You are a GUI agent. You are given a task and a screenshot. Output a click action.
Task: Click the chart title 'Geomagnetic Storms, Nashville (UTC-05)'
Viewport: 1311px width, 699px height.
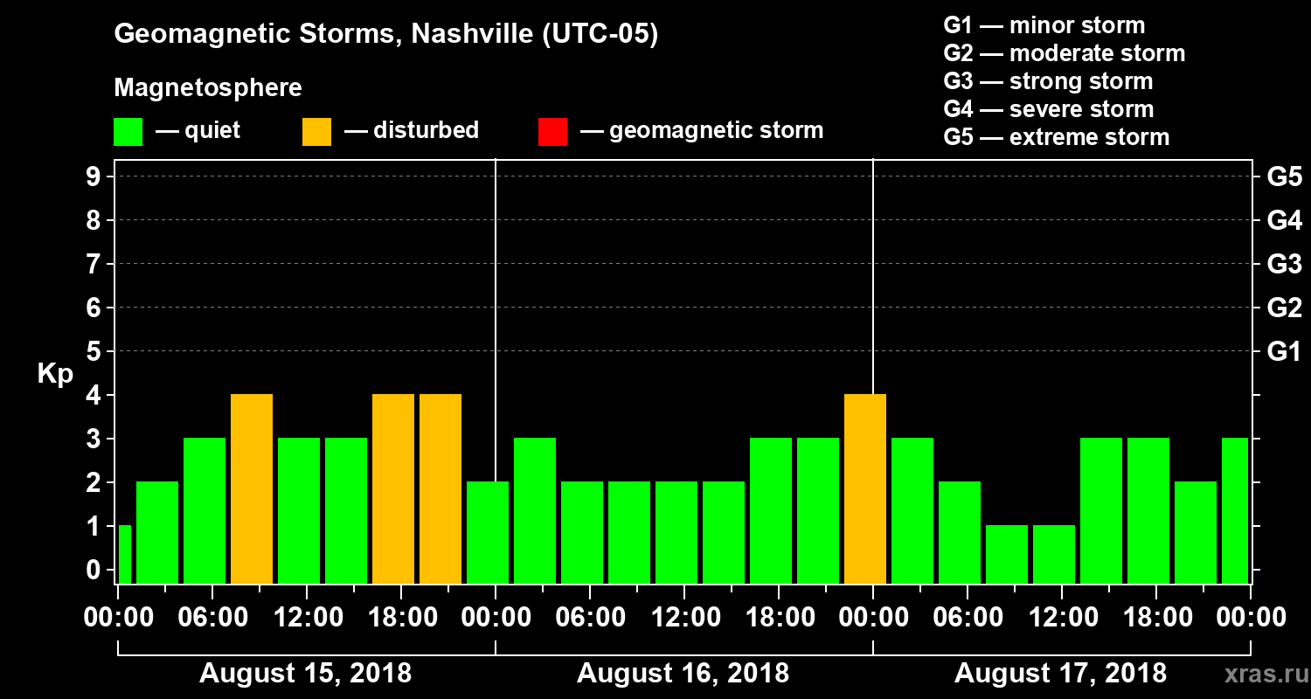tap(385, 34)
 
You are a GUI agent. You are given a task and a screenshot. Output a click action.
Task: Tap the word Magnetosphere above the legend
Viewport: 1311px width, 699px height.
tap(208, 88)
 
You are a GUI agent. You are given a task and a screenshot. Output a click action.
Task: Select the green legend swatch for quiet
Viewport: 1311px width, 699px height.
tap(128, 132)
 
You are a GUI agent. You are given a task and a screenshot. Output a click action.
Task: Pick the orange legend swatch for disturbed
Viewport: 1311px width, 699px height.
tap(316, 132)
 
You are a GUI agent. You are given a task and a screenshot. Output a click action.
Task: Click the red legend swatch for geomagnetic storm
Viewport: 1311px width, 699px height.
tap(552, 132)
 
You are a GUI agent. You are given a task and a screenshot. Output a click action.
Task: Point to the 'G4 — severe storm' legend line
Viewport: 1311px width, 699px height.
tap(1048, 109)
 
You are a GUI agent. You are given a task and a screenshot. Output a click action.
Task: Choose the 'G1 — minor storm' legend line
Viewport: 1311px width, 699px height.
tap(1044, 25)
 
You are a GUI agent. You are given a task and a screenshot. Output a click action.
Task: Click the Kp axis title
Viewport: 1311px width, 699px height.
tap(55, 374)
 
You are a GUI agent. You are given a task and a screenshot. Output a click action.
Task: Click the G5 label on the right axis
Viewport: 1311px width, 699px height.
tap(1284, 176)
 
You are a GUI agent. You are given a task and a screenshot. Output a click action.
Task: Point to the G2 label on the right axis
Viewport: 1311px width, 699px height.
tap(1284, 308)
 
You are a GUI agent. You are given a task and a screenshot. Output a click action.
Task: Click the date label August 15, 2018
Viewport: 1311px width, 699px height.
tap(306, 674)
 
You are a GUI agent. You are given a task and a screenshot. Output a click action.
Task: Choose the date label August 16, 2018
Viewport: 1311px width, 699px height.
tap(683, 674)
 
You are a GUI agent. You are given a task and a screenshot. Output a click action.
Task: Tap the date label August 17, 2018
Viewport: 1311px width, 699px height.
tap(1060, 674)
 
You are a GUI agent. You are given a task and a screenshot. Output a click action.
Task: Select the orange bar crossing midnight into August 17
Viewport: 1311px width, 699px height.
tap(865, 488)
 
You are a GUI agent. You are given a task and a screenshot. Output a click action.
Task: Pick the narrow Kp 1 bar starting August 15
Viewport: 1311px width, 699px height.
tap(124, 554)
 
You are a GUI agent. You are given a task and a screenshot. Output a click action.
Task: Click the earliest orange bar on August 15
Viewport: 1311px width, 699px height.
tap(252, 488)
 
